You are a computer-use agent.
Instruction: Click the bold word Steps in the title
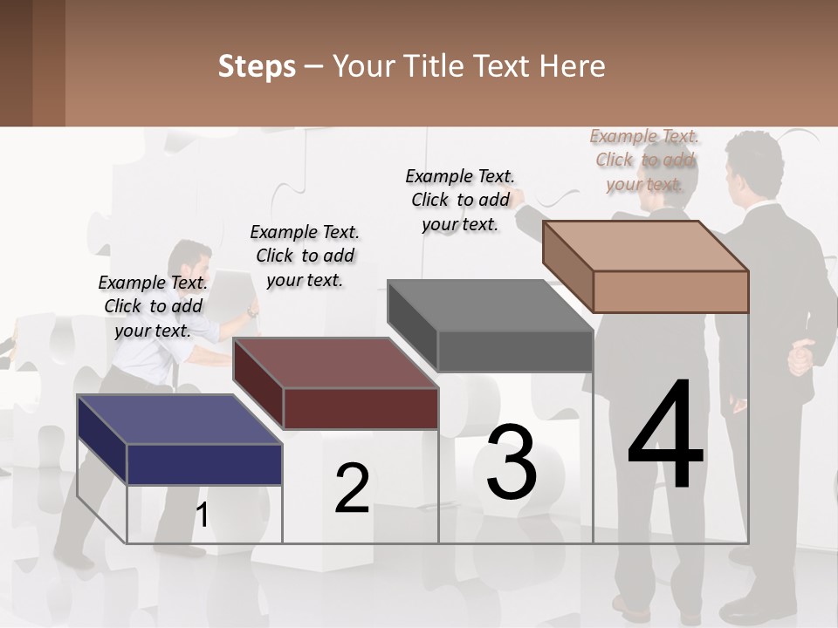(257, 66)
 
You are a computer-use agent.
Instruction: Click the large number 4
(665, 436)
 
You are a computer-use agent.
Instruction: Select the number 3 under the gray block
(512, 461)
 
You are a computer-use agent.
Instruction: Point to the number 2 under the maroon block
(352, 489)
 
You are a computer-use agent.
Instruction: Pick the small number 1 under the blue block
(203, 515)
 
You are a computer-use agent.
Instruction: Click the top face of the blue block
(179, 420)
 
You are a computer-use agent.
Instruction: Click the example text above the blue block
(154, 306)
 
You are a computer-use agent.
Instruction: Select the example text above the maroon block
(305, 256)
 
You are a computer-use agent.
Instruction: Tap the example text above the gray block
(460, 200)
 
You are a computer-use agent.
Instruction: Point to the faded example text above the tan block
(644, 160)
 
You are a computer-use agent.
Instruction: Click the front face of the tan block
(670, 291)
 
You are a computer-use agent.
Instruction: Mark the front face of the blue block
(204, 464)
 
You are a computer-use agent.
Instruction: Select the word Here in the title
(574, 66)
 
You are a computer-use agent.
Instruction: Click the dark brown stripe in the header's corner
(48, 63)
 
